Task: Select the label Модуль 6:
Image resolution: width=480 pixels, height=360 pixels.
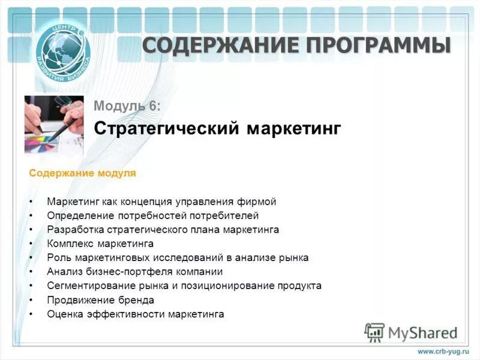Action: coord(127,106)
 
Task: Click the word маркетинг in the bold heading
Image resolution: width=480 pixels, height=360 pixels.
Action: coord(295,128)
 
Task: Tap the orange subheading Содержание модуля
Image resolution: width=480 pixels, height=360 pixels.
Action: coord(83,173)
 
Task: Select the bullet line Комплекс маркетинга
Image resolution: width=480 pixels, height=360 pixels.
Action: coord(100,244)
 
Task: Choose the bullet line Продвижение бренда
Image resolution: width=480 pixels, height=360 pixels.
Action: coord(100,300)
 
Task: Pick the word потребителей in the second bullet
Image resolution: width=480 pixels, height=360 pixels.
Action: coord(227,215)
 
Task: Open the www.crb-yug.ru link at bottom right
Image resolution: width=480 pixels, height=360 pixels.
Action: coord(442,351)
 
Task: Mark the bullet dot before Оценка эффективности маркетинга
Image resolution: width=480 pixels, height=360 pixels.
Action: coord(31,314)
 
